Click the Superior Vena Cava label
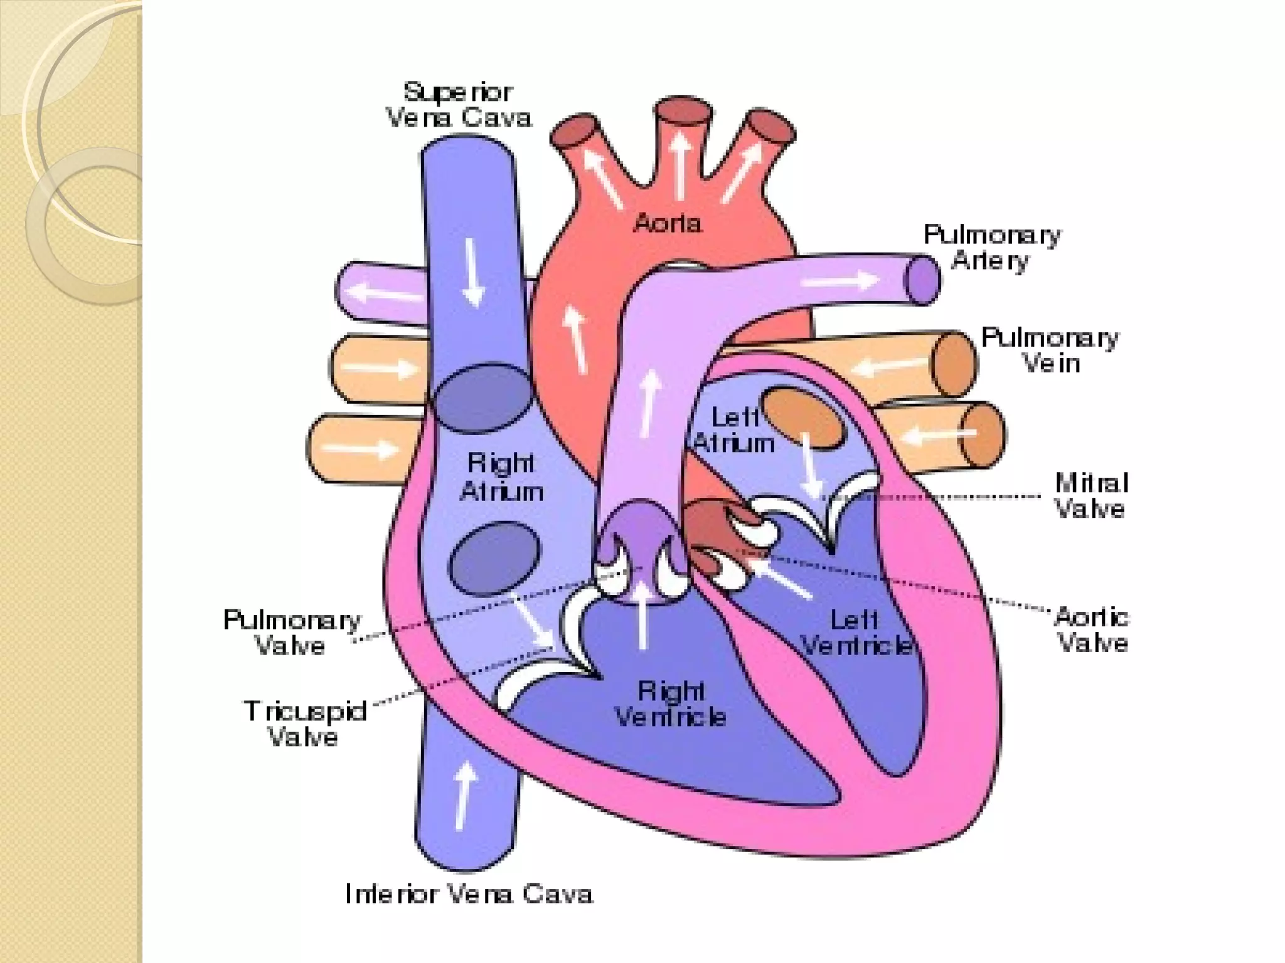(458, 105)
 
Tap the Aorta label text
(667, 223)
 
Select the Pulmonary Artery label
(991, 248)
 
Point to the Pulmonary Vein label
(1050, 350)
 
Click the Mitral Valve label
(1091, 496)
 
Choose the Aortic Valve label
(1092, 630)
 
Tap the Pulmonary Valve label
(292, 633)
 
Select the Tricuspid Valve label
(305, 724)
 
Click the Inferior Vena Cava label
(469, 894)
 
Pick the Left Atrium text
(734, 430)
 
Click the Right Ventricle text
(670, 704)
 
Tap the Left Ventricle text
(856, 633)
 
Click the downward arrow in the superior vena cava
(473, 273)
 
